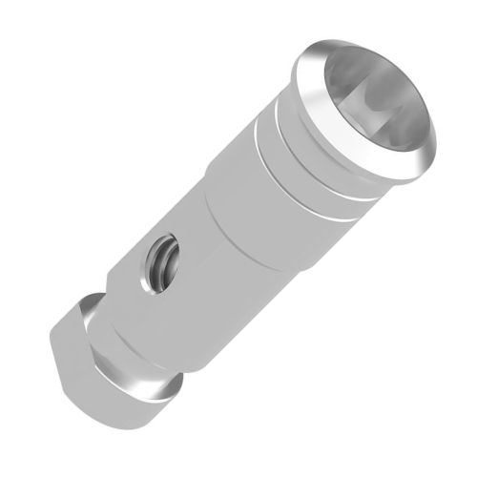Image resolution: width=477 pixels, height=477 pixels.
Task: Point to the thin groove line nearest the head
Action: pyautogui.click(x=286, y=124)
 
